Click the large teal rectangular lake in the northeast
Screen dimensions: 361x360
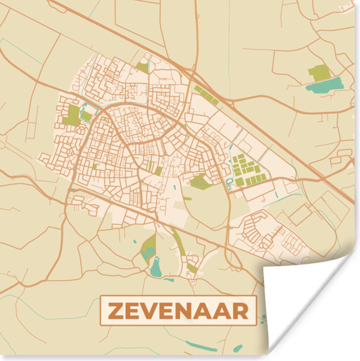(325, 85)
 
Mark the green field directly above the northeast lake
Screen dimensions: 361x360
(319, 73)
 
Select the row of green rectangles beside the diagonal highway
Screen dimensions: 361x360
(206, 95)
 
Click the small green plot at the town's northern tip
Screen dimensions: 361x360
(142, 67)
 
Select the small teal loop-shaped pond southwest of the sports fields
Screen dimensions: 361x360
(229, 183)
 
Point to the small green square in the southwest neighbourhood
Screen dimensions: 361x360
(95, 166)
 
